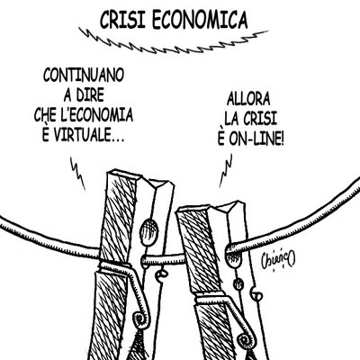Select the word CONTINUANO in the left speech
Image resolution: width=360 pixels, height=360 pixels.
84,76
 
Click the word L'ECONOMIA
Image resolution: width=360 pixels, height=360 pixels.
96,115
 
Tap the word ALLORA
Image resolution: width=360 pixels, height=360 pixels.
248,99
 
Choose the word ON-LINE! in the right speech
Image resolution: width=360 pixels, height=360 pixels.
256,139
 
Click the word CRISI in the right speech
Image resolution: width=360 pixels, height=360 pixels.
259,119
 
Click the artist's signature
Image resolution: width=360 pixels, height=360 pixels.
278,259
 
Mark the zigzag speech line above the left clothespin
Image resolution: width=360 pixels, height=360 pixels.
78,174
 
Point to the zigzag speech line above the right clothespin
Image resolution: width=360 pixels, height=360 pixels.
226,170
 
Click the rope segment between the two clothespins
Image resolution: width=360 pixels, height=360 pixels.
164,259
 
